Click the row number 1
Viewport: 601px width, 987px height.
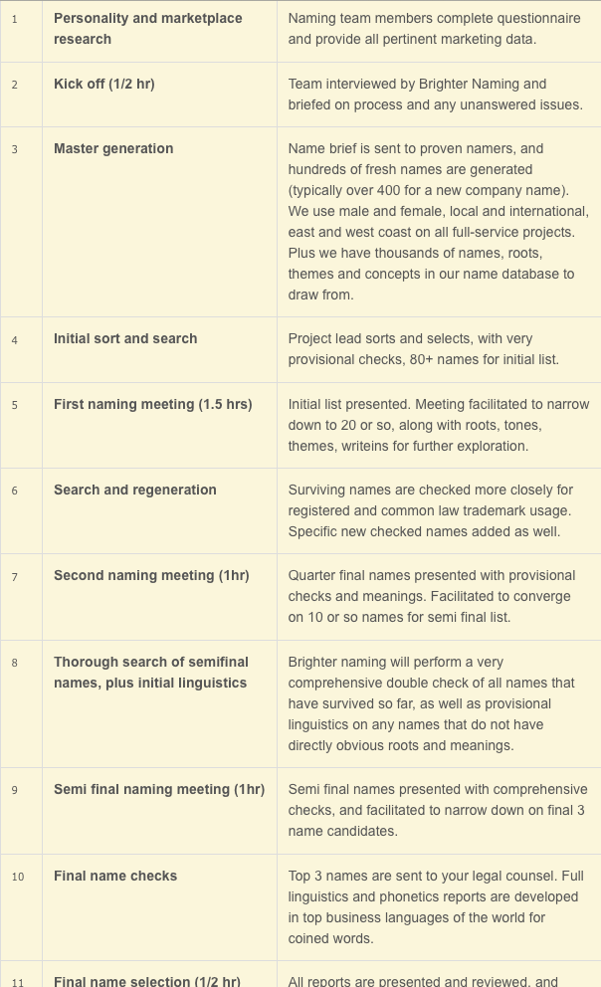[x=15, y=19]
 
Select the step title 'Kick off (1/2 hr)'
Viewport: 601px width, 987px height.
[x=103, y=84]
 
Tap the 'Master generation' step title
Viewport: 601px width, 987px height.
[x=112, y=148]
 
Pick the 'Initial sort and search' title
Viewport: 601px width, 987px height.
[x=125, y=338]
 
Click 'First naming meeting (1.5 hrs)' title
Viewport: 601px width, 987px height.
[x=152, y=404]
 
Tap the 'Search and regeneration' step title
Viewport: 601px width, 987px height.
[x=134, y=490]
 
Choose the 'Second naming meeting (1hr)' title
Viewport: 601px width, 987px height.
[x=151, y=575]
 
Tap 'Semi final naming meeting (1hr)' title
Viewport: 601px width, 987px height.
[x=159, y=789]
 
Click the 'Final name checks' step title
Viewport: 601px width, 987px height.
[x=115, y=876]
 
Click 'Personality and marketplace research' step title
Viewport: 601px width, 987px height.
[x=147, y=28]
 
